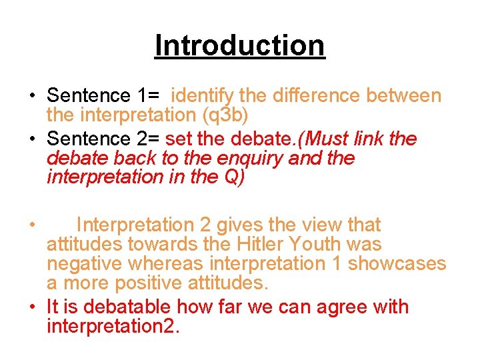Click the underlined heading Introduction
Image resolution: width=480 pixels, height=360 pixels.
pos(239,46)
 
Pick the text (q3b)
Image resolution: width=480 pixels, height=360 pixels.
pos(225,115)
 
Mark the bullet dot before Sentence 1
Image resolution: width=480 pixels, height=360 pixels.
pos(31,97)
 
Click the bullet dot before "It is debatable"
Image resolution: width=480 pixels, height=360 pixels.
pos(31,307)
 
